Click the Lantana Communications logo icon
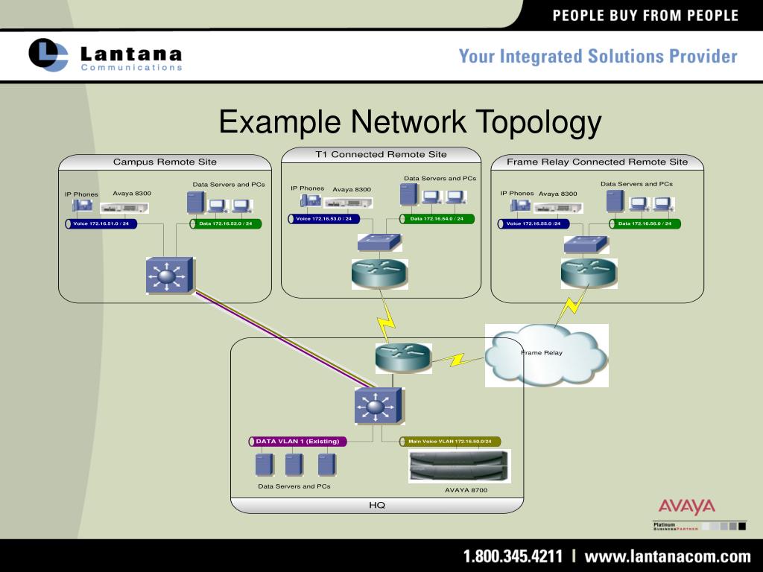48,54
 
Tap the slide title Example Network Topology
410,122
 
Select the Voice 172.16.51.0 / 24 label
101,223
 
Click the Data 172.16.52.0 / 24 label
226,223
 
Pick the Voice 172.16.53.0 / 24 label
323,219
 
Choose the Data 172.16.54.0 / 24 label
437,219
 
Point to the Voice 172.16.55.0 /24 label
534,223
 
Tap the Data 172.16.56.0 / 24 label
645,223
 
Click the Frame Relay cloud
546,355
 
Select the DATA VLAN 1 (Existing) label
298,442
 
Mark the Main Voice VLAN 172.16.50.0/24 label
450,442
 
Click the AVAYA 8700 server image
458,466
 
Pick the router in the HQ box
403,357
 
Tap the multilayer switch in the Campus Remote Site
168,276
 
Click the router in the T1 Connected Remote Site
380,273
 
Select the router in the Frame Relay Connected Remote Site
589,273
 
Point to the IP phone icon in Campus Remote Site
82,206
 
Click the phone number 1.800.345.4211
513,556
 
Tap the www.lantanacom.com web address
667,556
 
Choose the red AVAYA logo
686,508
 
